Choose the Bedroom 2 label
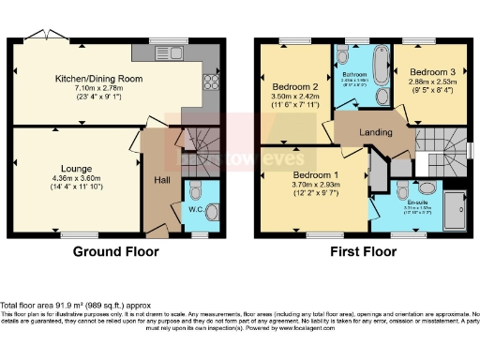(x=292, y=86)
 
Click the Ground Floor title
(x=115, y=251)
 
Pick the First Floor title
(x=361, y=251)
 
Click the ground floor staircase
(x=198, y=141)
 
